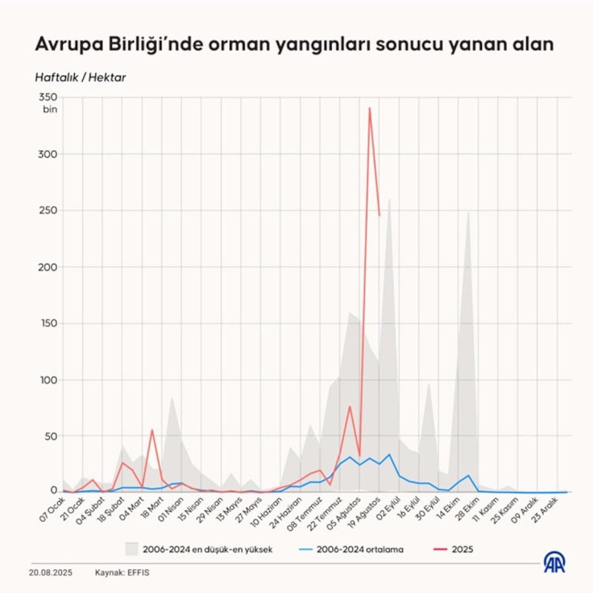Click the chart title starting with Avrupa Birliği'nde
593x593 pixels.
[x=294, y=44]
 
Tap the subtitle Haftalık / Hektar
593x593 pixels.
[x=80, y=78]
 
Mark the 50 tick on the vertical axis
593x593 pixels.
[x=48, y=436]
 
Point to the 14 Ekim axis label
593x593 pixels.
[x=453, y=508]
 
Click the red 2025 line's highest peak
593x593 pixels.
[x=369, y=108]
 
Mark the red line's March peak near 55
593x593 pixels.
[x=152, y=430]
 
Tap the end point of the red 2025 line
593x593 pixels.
[x=380, y=215]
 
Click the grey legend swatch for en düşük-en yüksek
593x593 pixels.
[x=132, y=549]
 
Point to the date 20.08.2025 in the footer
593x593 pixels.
[x=50, y=573]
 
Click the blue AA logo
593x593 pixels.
[x=554, y=562]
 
